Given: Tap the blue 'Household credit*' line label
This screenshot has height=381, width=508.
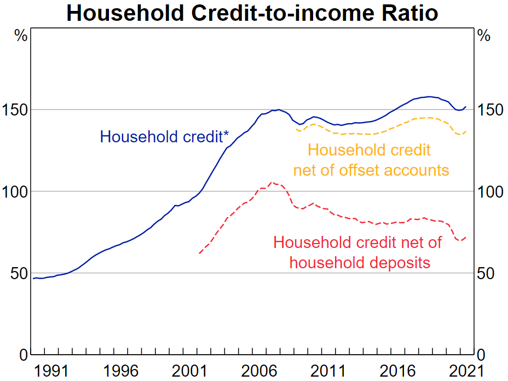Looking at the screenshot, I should point(164,136).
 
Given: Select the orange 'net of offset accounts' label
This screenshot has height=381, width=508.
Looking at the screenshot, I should point(371,170).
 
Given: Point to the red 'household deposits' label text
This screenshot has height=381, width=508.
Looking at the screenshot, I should point(360,263).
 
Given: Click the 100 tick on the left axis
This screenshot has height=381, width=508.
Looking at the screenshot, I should point(15,192).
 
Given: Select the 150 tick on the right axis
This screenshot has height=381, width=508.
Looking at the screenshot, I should point(488,110).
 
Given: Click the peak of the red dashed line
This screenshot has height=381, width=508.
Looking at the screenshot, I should point(271,182).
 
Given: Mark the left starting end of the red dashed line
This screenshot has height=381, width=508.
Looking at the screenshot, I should point(199,253).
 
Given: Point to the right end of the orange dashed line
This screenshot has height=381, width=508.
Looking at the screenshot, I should point(466,131).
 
